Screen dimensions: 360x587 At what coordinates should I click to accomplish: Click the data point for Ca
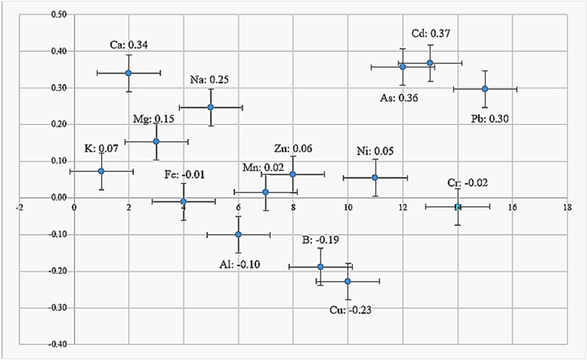click(x=129, y=73)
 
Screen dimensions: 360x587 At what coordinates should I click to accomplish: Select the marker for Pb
click(x=485, y=89)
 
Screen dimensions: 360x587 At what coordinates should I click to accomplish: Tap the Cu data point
click(x=347, y=281)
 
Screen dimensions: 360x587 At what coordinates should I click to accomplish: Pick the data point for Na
click(x=211, y=107)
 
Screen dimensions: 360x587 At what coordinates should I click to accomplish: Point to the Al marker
click(x=238, y=234)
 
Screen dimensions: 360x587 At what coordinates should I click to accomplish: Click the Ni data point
click(x=375, y=178)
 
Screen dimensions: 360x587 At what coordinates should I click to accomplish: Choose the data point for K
click(x=101, y=171)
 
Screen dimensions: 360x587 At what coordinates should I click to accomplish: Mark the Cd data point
click(x=430, y=62)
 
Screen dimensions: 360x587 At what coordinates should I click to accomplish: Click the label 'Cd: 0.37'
click(x=432, y=33)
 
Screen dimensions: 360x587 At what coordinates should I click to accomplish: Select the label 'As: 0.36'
click(x=397, y=96)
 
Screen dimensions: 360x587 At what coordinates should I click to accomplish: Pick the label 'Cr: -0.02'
click(x=469, y=183)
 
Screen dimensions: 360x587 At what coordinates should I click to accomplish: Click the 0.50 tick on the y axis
click(x=57, y=14)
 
